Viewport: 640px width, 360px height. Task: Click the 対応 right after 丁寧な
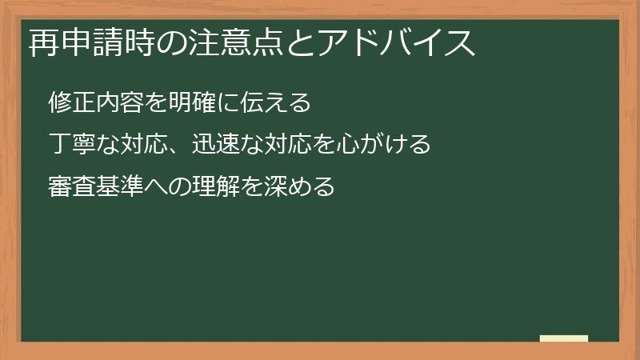point(145,146)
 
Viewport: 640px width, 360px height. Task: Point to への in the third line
point(166,189)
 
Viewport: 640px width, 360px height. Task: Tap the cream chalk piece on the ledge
point(564,339)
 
